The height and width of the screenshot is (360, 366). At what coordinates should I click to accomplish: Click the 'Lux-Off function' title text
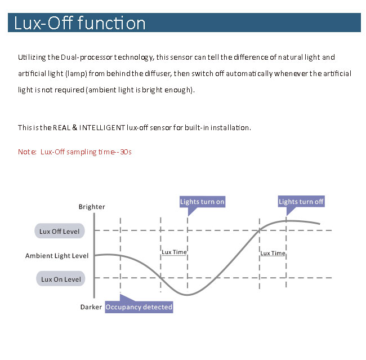tap(79, 23)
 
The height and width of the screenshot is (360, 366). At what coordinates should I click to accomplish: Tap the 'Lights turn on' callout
tap(202, 202)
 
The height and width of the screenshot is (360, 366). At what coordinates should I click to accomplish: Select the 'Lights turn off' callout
tap(301, 201)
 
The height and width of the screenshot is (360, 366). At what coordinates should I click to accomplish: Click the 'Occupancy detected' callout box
tap(139, 307)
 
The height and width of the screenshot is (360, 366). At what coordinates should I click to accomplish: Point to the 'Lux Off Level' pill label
tap(60, 232)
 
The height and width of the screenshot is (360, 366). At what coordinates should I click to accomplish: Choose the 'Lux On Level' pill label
tap(61, 279)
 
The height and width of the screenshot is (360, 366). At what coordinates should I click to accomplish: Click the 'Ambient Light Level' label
tap(57, 256)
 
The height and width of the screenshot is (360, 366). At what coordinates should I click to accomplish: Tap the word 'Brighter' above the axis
tap(92, 207)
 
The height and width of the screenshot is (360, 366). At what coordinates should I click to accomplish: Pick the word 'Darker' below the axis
tap(91, 307)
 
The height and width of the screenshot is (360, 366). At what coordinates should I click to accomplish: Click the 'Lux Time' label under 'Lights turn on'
tap(174, 252)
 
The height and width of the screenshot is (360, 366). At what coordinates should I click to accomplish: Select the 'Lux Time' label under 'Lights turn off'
tap(273, 253)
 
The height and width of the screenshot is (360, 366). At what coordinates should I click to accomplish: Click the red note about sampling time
tap(75, 152)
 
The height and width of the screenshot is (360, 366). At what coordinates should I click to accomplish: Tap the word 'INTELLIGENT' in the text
tap(102, 127)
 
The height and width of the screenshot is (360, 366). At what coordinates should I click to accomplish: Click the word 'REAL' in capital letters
tap(61, 127)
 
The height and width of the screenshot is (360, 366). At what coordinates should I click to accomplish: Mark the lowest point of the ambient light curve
tap(187, 295)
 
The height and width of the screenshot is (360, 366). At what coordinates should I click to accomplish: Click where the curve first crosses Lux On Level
tap(160, 278)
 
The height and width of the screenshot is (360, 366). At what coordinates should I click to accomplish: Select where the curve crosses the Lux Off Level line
tap(260, 230)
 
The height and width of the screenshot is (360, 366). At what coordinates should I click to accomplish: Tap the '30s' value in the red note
tap(126, 152)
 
